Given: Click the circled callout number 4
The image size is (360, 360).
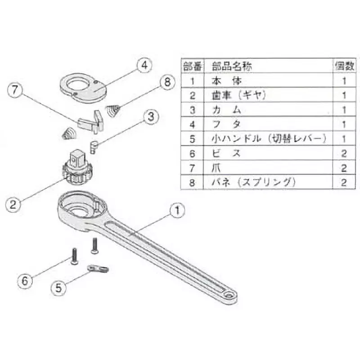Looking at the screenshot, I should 143,66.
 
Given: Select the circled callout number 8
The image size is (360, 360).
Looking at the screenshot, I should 166,82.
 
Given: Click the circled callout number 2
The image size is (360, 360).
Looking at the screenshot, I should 14,205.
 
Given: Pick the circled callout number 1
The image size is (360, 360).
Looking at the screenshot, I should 177,210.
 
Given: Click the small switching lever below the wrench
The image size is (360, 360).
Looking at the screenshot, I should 98,268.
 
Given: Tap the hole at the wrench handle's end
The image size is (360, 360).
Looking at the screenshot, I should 229,294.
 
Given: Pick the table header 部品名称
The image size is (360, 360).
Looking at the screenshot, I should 232,67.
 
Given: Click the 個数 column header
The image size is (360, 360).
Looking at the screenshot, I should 345,67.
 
